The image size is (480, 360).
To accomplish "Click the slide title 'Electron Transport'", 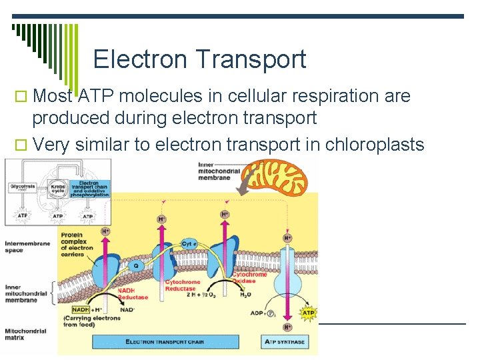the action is coord(199,59).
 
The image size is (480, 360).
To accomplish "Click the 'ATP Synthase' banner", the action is coord(284,342).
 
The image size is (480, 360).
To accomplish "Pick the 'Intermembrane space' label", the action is coord(27,247).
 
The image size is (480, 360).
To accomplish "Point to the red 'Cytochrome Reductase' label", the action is coord(182,286).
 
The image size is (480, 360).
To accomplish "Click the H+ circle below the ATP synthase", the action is coord(287,327).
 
